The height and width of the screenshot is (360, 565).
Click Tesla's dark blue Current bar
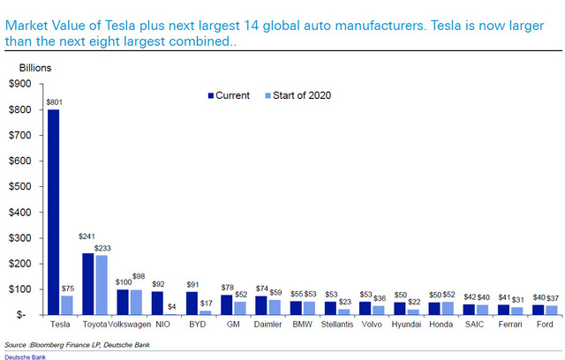(x=53, y=212)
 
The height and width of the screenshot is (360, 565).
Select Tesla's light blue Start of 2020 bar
(x=67, y=305)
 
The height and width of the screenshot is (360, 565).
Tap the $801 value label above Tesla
(x=55, y=102)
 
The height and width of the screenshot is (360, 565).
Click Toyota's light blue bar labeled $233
(x=102, y=285)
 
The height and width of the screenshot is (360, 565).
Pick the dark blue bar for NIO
(x=157, y=304)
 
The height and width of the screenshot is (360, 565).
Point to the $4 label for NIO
(x=171, y=307)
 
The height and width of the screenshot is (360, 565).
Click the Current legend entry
(x=229, y=95)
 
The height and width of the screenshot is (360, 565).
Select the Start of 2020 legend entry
(x=298, y=95)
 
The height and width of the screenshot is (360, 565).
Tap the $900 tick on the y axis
(x=20, y=84)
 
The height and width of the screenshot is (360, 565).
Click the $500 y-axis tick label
(x=20, y=186)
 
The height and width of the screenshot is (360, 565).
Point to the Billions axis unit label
(x=35, y=68)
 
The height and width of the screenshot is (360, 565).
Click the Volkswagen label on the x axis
(x=130, y=325)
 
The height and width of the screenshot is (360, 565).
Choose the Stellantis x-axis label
(x=337, y=325)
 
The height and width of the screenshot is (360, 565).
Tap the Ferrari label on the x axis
(x=510, y=325)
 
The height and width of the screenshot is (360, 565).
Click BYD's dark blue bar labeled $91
(x=192, y=304)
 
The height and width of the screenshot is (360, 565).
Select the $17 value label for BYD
(x=207, y=304)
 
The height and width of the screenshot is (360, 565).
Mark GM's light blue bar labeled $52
(x=240, y=308)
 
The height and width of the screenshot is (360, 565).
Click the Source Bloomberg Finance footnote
(x=77, y=345)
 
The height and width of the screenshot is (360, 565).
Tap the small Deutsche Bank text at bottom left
(x=26, y=357)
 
